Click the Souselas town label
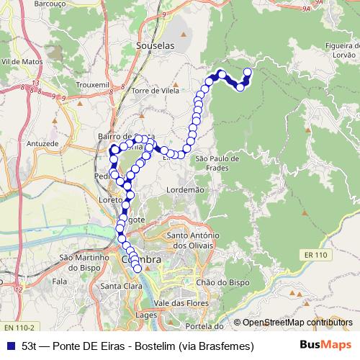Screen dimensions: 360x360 154,45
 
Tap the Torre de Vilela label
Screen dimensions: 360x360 155,91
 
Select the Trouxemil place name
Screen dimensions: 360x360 91,84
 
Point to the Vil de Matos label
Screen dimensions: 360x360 21,63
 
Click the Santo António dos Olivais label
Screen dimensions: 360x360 198,240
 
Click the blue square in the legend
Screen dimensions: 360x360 11,346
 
